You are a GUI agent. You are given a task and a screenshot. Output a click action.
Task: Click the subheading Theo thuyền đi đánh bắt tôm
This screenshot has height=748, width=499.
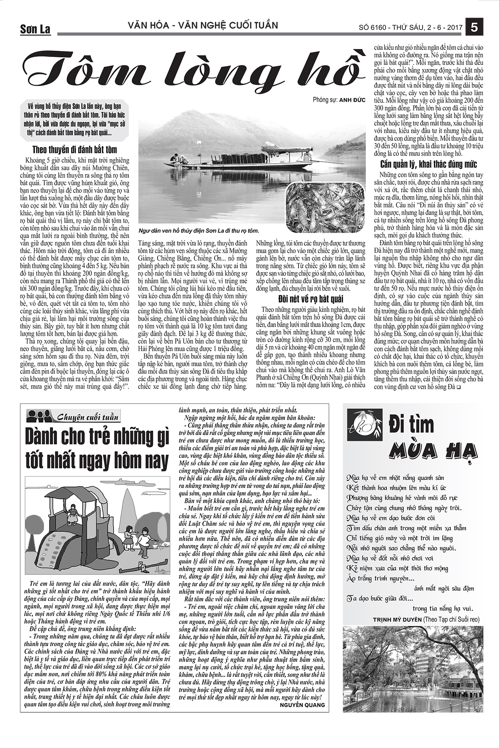75,149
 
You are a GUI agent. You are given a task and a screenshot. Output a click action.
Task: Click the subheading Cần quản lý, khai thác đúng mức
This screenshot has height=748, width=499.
423,164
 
